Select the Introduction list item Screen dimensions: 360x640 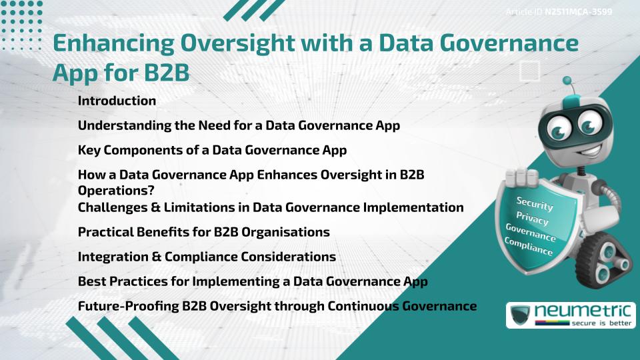(117, 101)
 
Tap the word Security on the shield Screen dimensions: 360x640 (535, 204)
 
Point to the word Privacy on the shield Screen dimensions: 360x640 (533, 219)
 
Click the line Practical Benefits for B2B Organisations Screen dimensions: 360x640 (204, 233)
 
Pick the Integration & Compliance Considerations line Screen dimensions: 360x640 (207, 257)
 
